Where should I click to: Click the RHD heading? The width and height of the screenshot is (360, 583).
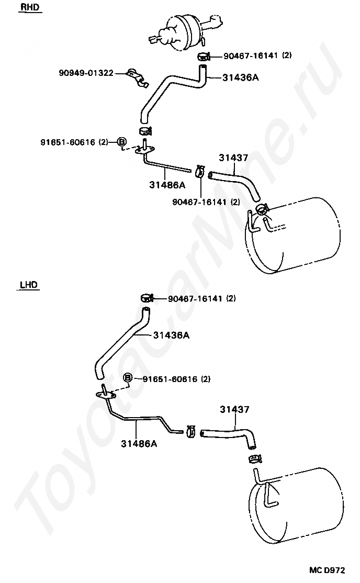coord(30,7)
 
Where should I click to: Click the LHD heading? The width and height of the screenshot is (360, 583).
coord(29,285)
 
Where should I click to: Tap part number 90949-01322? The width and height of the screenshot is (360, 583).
coord(86,73)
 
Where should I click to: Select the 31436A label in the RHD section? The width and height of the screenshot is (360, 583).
coord(241,77)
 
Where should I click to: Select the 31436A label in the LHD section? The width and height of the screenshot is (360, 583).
coord(172,335)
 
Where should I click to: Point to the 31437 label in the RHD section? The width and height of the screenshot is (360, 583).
coord(233,158)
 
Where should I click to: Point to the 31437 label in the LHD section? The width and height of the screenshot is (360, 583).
coord(234,409)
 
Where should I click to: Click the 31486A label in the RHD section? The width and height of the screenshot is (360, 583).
coord(167,184)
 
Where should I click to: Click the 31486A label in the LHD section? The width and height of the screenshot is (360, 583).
coord(139,444)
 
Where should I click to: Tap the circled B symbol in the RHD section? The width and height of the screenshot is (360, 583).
coord(121,142)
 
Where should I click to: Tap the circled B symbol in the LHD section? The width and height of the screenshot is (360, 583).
coord(128,378)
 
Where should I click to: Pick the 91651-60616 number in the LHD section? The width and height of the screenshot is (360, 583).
coord(170,379)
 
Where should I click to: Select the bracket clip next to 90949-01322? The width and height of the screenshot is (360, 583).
coord(137,78)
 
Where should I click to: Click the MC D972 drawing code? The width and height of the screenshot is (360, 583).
coord(327,570)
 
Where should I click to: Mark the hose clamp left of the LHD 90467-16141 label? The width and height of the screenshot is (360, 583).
coord(147,298)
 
